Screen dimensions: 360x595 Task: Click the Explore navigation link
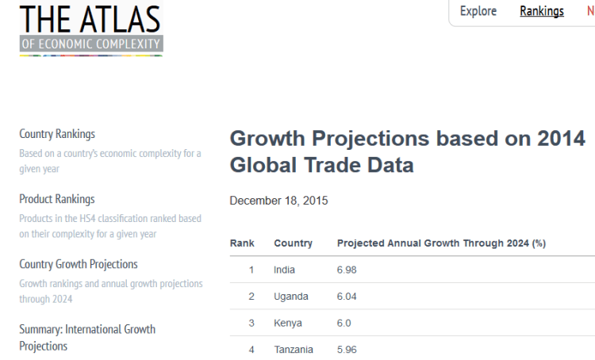pyautogui.click(x=478, y=11)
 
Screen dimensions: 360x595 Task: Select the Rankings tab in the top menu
pyautogui.click(x=542, y=11)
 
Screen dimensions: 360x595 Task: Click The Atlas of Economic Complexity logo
pyautogui.click(x=90, y=29)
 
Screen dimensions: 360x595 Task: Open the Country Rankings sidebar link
pyautogui.click(x=57, y=134)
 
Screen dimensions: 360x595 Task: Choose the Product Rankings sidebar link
pyautogui.click(x=57, y=199)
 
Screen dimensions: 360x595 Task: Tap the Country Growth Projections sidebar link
pyautogui.click(x=79, y=264)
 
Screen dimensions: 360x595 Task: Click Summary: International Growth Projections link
pyautogui.click(x=87, y=337)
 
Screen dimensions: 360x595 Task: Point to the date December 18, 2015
pyautogui.click(x=278, y=201)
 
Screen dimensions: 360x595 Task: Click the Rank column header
pyautogui.click(x=242, y=243)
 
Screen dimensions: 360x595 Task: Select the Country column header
pyautogui.click(x=293, y=243)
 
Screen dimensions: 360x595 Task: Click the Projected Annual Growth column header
pyautogui.click(x=441, y=243)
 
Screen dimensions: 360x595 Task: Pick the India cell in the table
pyautogui.click(x=284, y=270)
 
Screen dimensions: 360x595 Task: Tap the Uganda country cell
pyautogui.click(x=290, y=297)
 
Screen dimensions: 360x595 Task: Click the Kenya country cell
pyautogui.click(x=287, y=324)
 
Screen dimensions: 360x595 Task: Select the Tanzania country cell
pyautogui.click(x=294, y=350)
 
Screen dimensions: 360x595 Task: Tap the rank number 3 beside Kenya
pyautogui.click(x=251, y=324)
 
